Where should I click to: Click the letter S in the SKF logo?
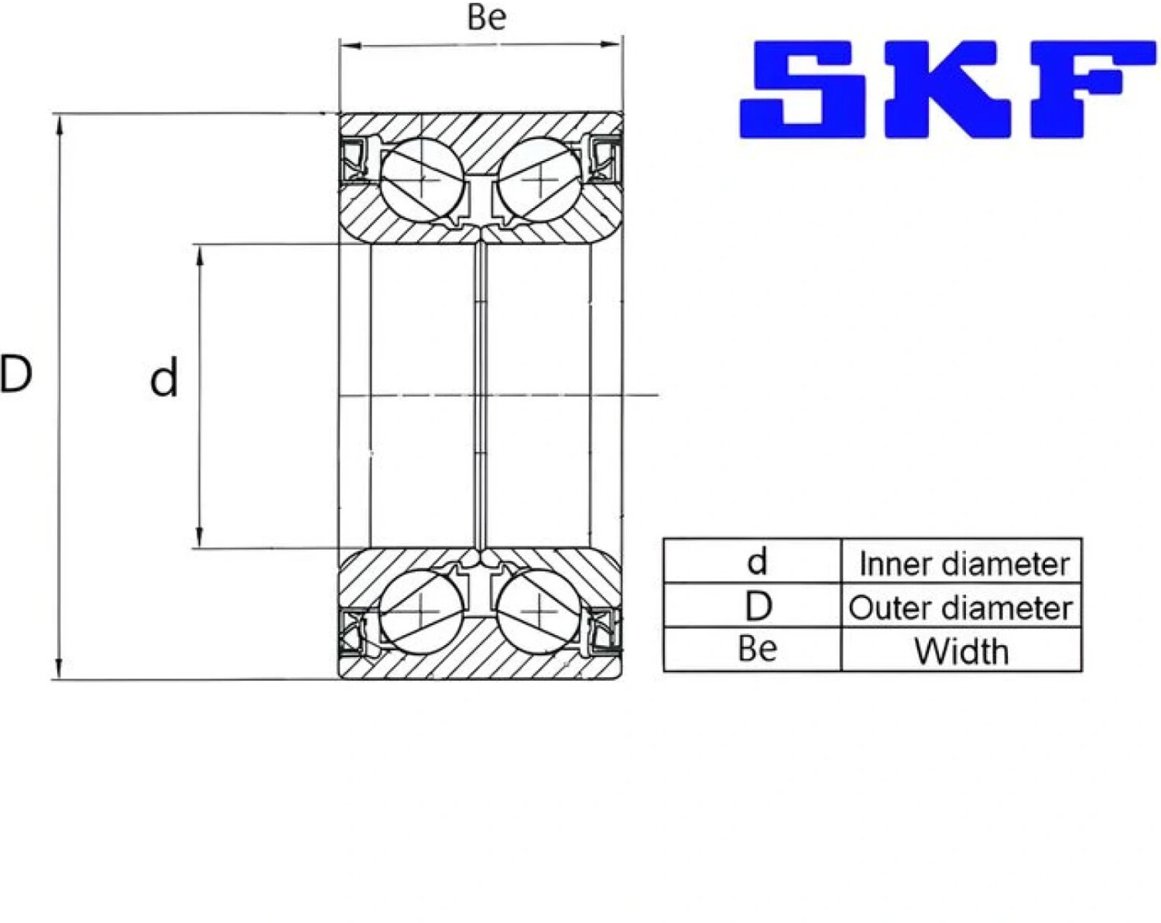[x=805, y=90]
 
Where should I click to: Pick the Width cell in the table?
[x=961, y=651]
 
